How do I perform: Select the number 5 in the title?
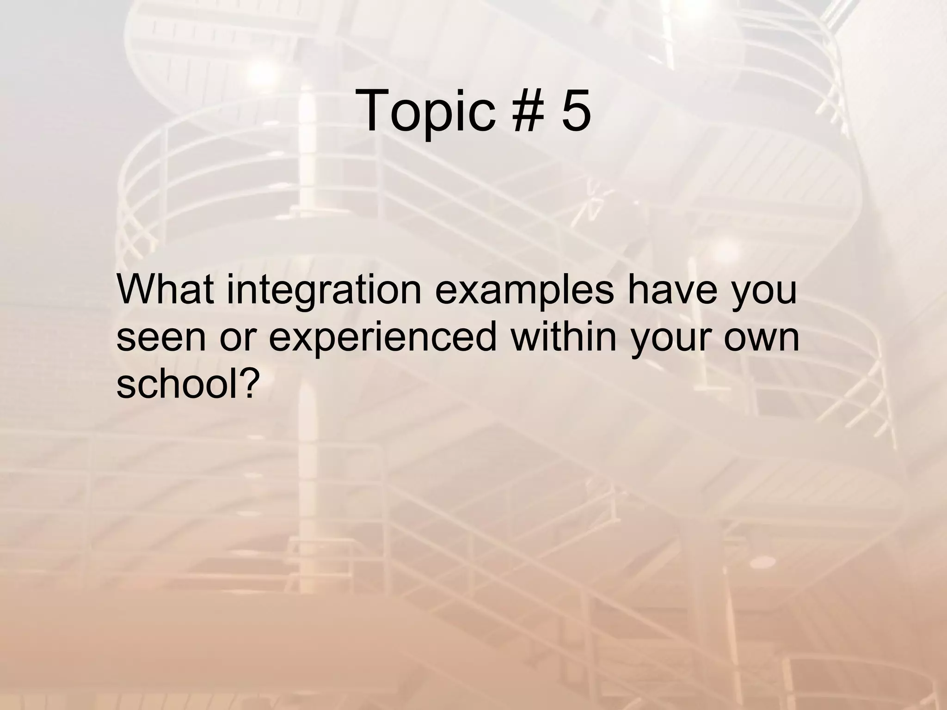576,111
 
